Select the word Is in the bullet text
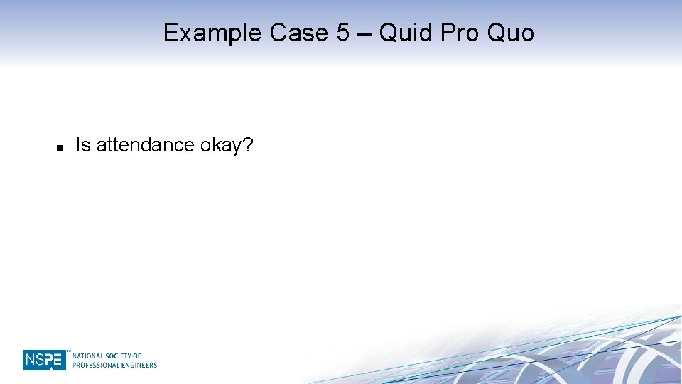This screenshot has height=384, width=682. [x=83, y=145]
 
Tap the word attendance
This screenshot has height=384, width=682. [x=146, y=145]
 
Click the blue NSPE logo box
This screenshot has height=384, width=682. [x=44, y=360]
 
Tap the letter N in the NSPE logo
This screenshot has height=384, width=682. [x=30, y=360]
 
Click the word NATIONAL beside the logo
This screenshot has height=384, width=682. [x=88, y=356]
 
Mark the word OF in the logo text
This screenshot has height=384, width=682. [x=138, y=356]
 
